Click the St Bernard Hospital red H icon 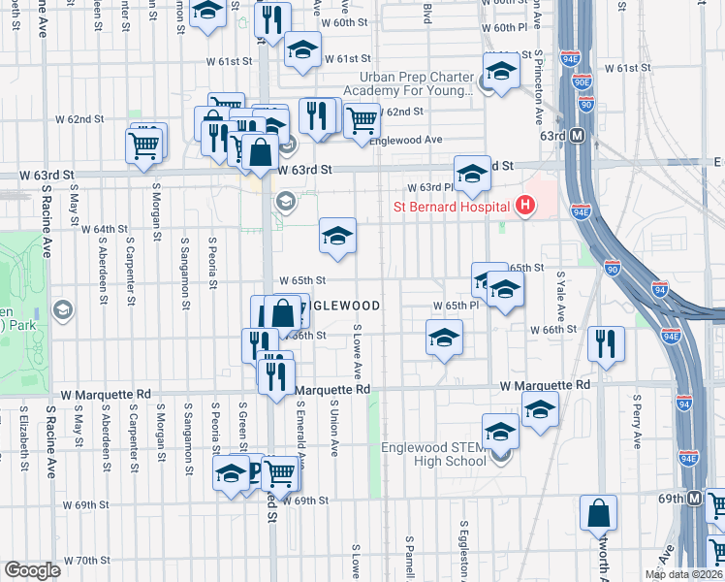coord(525,206)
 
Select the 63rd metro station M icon coord(576,136)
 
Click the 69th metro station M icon coord(695,499)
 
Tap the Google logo coord(32,570)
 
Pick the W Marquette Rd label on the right coord(545,385)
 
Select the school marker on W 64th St coord(337,236)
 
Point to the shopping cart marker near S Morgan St coord(144,146)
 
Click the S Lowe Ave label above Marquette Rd coord(358,352)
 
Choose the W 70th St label coord(88,561)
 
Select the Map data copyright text coord(683,574)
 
